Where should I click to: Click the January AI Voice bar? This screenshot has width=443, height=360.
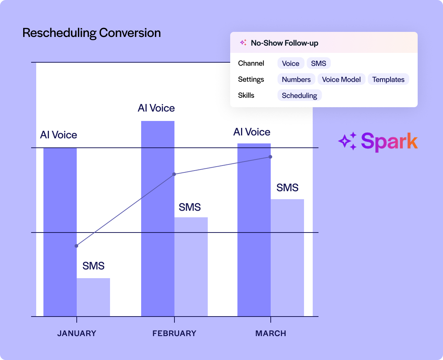point(60,232)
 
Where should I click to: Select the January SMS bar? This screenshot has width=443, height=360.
point(93,297)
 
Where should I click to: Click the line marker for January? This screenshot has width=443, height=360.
point(76,246)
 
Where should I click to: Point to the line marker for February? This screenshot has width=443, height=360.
point(174,174)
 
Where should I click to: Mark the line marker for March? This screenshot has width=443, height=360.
point(270,157)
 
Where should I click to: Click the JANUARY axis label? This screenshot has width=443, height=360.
point(77,334)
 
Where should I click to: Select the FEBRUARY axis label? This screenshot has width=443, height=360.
point(174,334)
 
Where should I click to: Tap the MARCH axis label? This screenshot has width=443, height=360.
point(271,334)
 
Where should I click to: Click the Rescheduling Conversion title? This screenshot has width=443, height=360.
point(92,33)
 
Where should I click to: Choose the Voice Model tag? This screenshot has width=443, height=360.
point(341,80)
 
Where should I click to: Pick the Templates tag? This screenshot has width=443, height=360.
point(388,80)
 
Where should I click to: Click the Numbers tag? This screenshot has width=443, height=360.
point(296,80)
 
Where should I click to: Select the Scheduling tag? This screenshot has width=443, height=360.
point(299,96)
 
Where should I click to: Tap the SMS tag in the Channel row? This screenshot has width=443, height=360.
point(318,63)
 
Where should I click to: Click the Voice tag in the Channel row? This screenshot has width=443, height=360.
point(291,63)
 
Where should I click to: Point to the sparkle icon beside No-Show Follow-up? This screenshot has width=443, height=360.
point(243,43)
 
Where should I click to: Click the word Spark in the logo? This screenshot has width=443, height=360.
point(389,142)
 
